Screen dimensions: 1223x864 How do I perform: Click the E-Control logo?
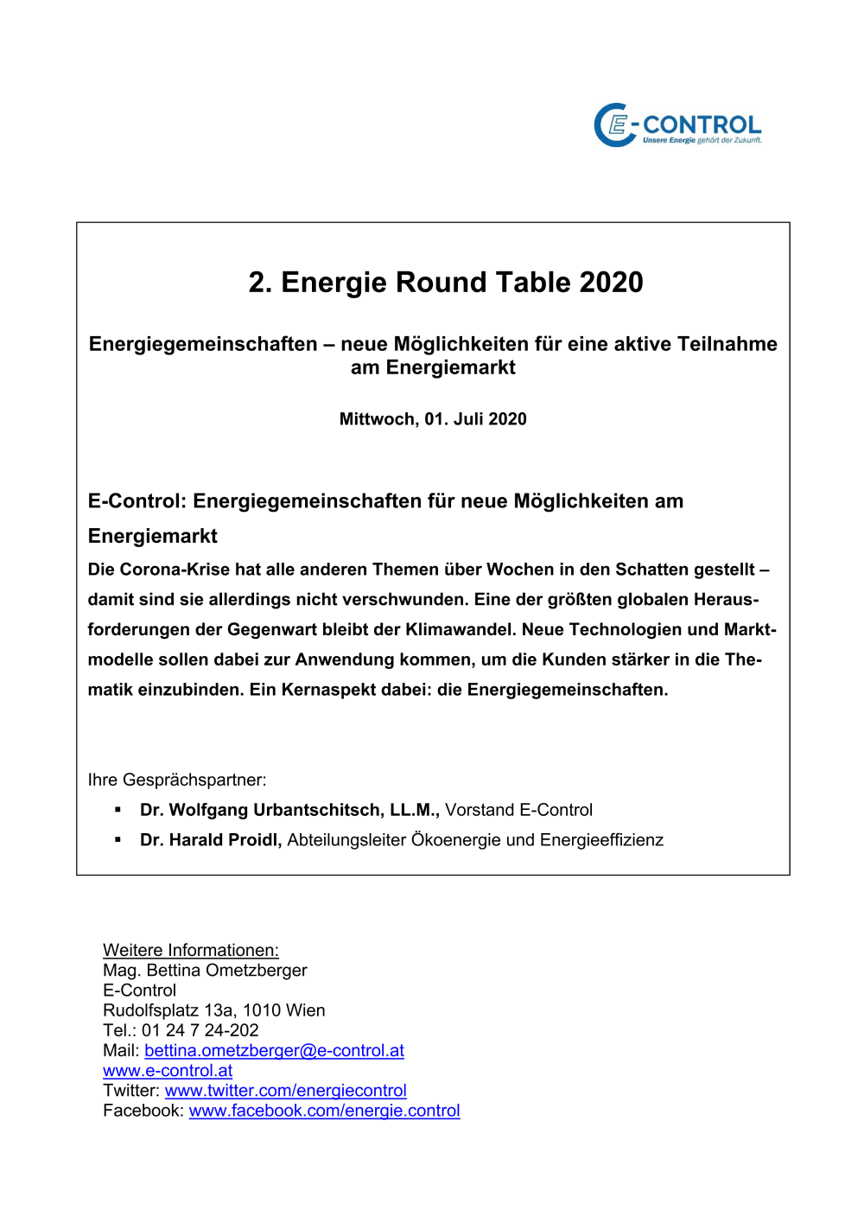pyautogui.click(x=677, y=126)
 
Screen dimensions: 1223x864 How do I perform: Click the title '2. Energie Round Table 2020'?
pyautogui.click(x=446, y=283)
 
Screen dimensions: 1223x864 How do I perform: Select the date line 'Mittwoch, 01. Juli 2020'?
pyautogui.click(x=433, y=419)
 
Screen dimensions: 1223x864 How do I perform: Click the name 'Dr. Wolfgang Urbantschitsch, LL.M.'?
pyautogui.click(x=289, y=810)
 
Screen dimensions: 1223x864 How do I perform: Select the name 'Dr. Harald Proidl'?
pyautogui.click(x=211, y=840)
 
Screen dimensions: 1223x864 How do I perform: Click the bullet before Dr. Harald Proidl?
pyautogui.click(x=118, y=840)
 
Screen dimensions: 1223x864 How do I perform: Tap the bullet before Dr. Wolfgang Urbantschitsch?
pyautogui.click(x=118, y=810)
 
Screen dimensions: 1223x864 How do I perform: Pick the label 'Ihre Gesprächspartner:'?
pyautogui.click(x=177, y=780)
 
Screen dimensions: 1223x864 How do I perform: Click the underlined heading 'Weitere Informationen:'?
pyautogui.click(x=191, y=950)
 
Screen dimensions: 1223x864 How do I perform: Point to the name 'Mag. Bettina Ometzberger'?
pyautogui.click(x=205, y=970)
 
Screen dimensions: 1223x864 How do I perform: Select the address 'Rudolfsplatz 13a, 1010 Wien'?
pyautogui.click(x=214, y=1010)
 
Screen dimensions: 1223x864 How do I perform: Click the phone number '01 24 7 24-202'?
pyautogui.click(x=200, y=1030)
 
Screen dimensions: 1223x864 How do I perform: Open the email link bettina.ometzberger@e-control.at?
pyautogui.click(x=274, y=1050)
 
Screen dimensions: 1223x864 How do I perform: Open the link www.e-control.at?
pyautogui.click(x=168, y=1070)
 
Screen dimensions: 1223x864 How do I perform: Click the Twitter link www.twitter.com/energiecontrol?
pyautogui.click(x=285, y=1091)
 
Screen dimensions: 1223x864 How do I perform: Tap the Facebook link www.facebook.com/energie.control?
pyautogui.click(x=324, y=1111)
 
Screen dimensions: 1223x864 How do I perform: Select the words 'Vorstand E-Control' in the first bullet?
pyautogui.click(x=518, y=810)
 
